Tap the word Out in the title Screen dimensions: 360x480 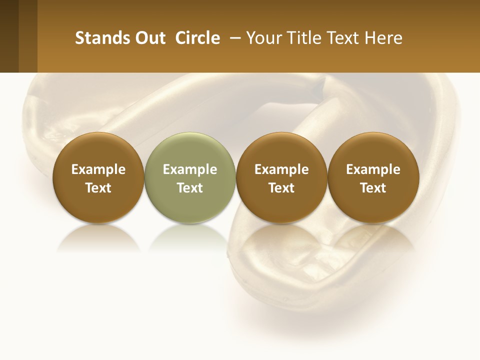pos(149,38)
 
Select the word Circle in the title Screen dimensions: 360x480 pos(197,38)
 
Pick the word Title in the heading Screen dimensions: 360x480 pos(305,38)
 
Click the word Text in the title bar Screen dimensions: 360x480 pos(344,38)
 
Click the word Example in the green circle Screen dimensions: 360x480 pos(190,169)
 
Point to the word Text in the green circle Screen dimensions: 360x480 pos(190,188)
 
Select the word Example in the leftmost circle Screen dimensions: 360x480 pos(98,169)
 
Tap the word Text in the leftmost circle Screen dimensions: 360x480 pos(98,188)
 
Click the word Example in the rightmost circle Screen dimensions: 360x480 pos(373,169)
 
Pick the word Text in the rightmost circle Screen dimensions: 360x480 pos(373,188)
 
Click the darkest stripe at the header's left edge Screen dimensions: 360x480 pos(9,36)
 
